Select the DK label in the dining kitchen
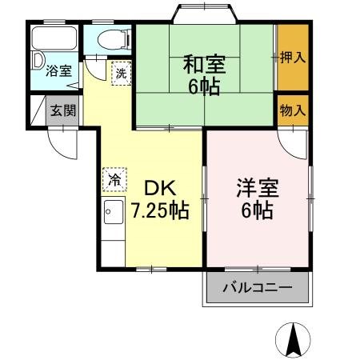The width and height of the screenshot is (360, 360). (x=160, y=189)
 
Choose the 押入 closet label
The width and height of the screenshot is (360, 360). (x=293, y=58)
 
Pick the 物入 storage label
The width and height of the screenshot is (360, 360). (x=293, y=110)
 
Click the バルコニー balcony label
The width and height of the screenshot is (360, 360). (x=257, y=288)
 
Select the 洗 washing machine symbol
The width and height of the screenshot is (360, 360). (x=120, y=72)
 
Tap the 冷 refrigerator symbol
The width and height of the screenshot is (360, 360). (x=114, y=179)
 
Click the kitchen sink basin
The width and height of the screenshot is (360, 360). (x=113, y=213)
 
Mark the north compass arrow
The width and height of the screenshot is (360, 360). (x=294, y=339)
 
